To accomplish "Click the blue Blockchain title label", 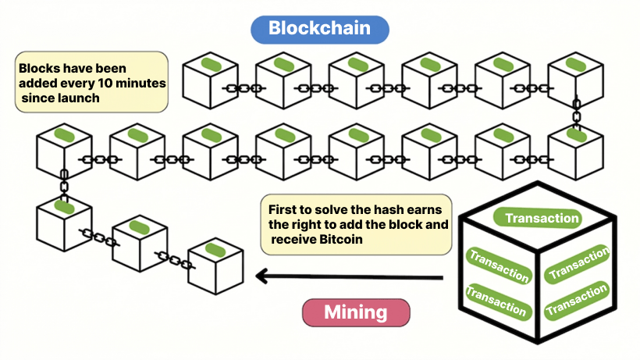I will [x=320, y=28].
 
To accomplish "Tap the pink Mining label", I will [x=355, y=312].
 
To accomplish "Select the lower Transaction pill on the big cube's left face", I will [x=496, y=301].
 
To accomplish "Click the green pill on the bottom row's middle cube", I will [x=139, y=227].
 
